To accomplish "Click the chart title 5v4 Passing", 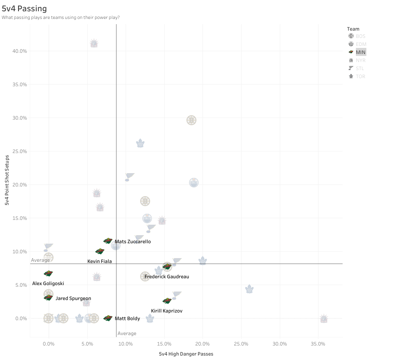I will pos(24,8).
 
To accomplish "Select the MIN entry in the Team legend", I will pos(361,52).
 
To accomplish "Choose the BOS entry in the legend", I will pos(360,36).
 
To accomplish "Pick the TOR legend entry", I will pos(360,77).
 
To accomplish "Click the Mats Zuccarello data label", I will pos(132,242).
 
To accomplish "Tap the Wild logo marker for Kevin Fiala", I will pos(100,251).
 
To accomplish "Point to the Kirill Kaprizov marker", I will pos(167,301).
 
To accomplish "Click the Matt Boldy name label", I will pos(127,319).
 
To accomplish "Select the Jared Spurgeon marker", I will pos(48,298).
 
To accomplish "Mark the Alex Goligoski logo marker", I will pos(48,273).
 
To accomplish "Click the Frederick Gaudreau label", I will pos(167,277).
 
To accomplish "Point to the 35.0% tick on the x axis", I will pos(318,344).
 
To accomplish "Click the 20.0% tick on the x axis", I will pos(203,344).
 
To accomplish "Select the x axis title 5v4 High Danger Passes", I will pos(186,354).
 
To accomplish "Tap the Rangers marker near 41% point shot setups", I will pos(94,43).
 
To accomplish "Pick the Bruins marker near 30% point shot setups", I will pos(191,120).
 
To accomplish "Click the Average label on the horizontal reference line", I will pos(40,260).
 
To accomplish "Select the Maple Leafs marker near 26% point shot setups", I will pos(140,143).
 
